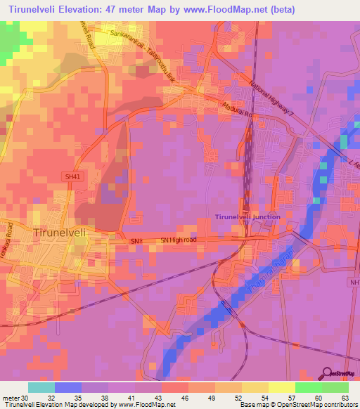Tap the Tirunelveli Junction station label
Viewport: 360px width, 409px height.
tap(247, 217)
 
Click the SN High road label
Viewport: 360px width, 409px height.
tap(179, 241)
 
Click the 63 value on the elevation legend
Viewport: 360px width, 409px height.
tap(345, 397)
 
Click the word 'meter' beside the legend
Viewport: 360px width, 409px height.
tap(11, 397)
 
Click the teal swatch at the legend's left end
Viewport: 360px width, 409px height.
tap(41, 387)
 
